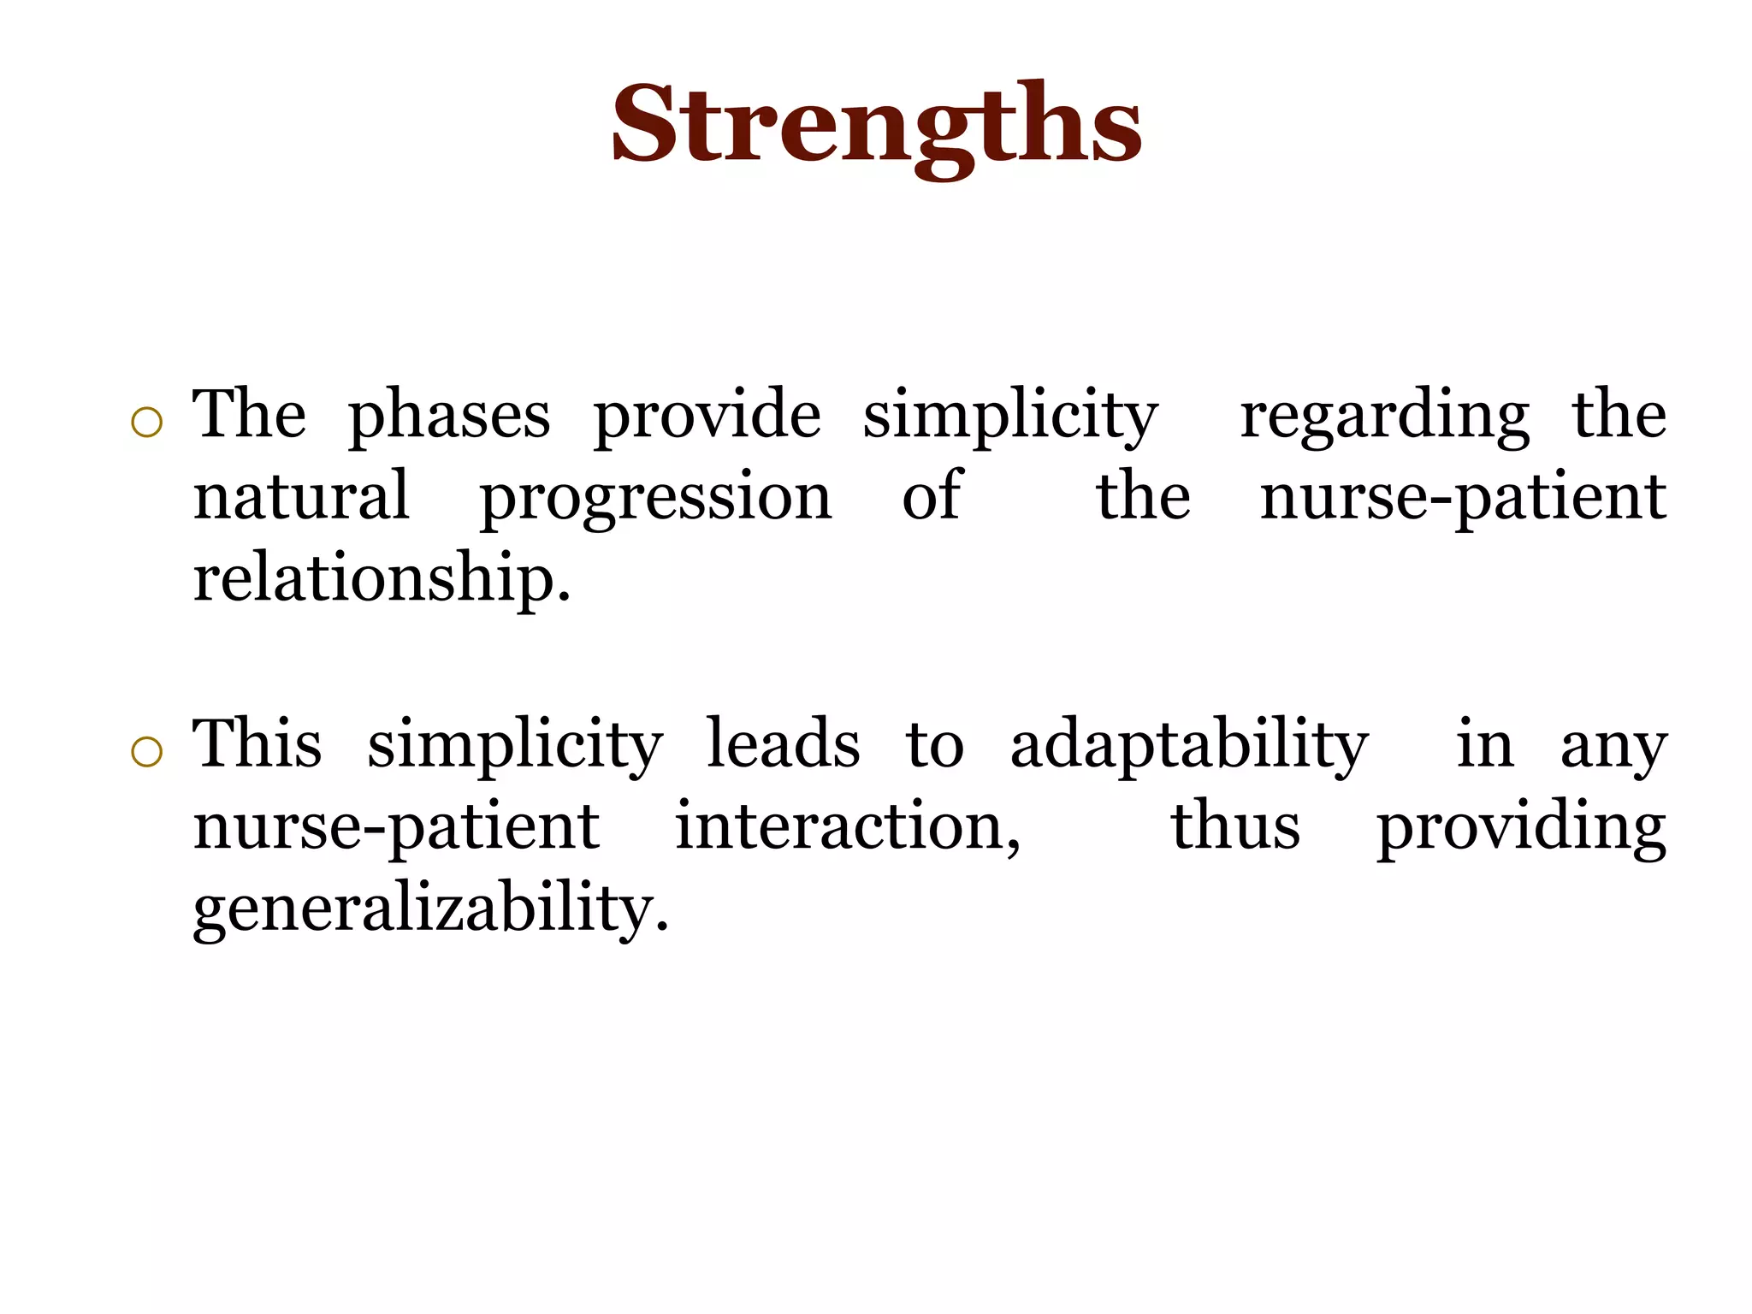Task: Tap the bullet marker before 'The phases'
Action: click(147, 423)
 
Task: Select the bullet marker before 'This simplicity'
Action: click(147, 752)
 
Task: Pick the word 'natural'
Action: click(301, 496)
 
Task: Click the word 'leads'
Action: click(783, 743)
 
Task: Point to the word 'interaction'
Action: click(847, 826)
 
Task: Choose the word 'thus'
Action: click(1235, 826)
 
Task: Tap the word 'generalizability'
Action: click(430, 909)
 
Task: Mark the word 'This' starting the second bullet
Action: click(257, 743)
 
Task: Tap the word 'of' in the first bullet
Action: click(932, 496)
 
